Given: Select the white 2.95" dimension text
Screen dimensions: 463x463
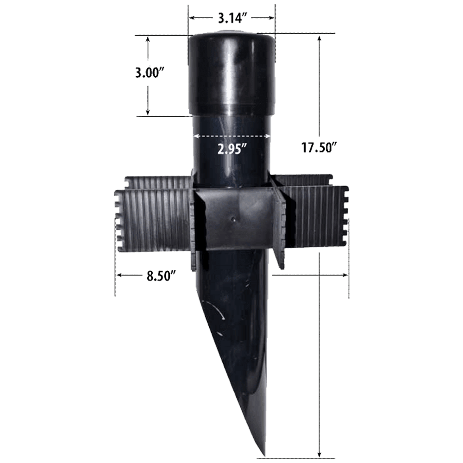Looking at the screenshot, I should pyautogui.click(x=231, y=149).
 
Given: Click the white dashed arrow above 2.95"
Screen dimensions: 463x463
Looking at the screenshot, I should pyautogui.click(x=231, y=136).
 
